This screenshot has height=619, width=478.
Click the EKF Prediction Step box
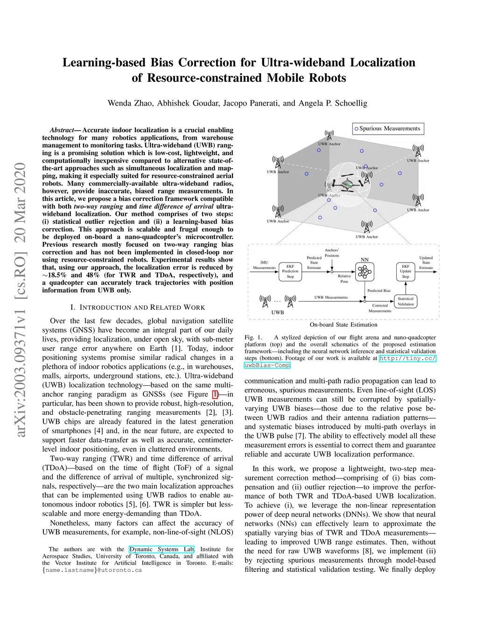pyautogui.click(x=290, y=271)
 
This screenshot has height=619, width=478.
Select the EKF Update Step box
pyautogui.click(x=405, y=271)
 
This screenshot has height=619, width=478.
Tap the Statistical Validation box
pyautogui.click(x=405, y=301)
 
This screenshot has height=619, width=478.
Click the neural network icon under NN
pyautogui.click(x=365, y=271)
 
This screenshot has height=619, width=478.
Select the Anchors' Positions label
pyautogui.click(x=332, y=253)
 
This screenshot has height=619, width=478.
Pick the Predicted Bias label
pyautogui.click(x=379, y=291)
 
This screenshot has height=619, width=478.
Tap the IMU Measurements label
pyautogui.click(x=264, y=265)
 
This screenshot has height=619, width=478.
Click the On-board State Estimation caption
pyautogui.click(x=343, y=325)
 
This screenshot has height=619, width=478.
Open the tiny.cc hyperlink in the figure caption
pyautogui.click(x=407, y=358)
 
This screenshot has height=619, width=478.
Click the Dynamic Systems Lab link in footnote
pyautogui.click(x=162, y=549)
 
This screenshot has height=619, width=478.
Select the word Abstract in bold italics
pyautogui.click(x=62, y=130)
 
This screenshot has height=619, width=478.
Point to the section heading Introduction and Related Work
pyautogui.click(x=138, y=307)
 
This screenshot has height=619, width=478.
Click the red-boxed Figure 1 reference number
pyautogui.click(x=215, y=394)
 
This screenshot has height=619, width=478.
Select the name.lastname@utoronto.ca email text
pyautogui.click(x=92, y=570)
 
